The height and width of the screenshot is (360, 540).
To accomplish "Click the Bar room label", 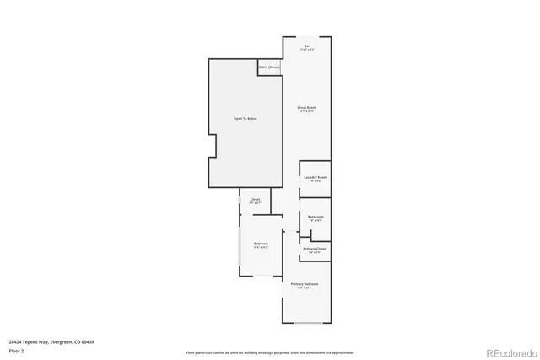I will pyautogui.click(x=307, y=46).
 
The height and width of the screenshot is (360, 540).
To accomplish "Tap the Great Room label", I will pyautogui.click(x=306, y=108).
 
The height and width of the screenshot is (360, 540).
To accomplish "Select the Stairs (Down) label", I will pyautogui.click(x=269, y=66).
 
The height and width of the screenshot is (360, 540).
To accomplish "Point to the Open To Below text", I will pyautogui.click(x=245, y=119).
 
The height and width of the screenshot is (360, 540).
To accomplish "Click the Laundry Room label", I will pyautogui.click(x=315, y=177).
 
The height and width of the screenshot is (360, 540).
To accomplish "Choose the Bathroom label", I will pyautogui.click(x=315, y=217).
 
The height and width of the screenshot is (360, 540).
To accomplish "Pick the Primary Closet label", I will pyautogui.click(x=315, y=249).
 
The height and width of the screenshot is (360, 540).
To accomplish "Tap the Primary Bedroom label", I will pyautogui.click(x=306, y=284).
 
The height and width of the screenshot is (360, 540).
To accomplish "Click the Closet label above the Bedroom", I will pyautogui.click(x=255, y=200).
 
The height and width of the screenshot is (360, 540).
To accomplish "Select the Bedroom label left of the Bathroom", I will pyautogui.click(x=261, y=244).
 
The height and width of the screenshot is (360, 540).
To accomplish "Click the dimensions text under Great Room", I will pyautogui.click(x=306, y=112).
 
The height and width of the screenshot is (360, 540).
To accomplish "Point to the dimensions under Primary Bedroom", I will pyautogui.click(x=306, y=288).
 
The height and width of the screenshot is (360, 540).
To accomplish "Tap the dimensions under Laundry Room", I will pyautogui.click(x=315, y=181).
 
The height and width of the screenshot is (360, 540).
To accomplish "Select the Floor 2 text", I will pyautogui.click(x=17, y=350).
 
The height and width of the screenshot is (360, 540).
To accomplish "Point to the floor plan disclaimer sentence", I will pyautogui.click(x=269, y=353).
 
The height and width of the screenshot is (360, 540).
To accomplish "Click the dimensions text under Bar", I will pyautogui.click(x=307, y=50).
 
